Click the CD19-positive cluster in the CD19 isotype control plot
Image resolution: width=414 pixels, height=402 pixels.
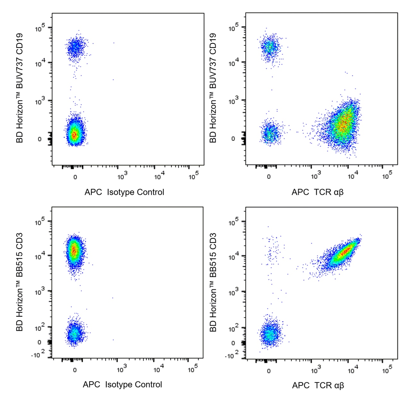coord(76,48)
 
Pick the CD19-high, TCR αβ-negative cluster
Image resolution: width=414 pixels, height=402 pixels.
coord(269,47)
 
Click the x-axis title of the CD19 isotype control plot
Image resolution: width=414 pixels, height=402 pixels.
coord(124,192)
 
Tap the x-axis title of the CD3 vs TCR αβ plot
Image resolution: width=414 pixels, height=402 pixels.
coord(318,385)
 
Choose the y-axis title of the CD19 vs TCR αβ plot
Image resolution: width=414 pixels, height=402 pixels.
coord(213,88)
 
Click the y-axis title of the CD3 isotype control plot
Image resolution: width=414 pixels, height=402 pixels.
coord(20,282)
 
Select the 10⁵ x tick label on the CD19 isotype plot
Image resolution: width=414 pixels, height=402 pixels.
coord(193,176)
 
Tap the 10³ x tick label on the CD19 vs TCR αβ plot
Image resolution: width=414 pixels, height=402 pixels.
coord(316,176)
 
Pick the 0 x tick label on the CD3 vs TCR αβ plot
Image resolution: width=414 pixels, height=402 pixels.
coord(268,371)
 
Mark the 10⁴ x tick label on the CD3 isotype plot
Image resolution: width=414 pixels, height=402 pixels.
coord(158,369)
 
